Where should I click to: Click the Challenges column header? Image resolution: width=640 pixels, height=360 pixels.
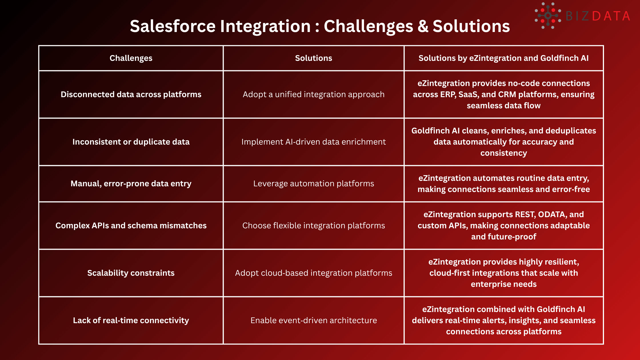(131, 58)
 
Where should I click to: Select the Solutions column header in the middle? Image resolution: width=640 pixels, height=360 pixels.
(313, 58)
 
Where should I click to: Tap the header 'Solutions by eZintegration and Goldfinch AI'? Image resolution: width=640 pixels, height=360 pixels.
(503, 58)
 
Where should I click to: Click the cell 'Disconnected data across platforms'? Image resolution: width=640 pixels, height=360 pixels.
(131, 95)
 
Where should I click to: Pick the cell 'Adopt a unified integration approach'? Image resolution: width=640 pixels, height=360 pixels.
(313, 95)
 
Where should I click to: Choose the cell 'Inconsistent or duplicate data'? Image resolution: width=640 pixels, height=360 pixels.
(131, 142)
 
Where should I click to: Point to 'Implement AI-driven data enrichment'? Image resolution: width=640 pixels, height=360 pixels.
(313, 142)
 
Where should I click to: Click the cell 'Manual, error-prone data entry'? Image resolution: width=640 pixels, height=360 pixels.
(131, 184)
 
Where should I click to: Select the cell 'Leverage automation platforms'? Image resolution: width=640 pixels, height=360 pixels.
(313, 184)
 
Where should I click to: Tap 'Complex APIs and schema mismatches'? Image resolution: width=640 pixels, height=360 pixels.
(131, 226)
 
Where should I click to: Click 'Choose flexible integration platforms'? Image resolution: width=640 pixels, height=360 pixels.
(313, 226)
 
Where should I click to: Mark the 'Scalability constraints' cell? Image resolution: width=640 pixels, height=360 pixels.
(131, 273)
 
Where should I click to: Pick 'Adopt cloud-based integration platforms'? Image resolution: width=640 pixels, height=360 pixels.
(313, 273)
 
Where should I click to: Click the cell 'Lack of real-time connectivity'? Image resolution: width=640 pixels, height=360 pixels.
(131, 321)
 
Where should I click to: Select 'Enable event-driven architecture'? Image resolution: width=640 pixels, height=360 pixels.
(313, 321)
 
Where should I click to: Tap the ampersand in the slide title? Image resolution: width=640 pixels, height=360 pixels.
(423, 26)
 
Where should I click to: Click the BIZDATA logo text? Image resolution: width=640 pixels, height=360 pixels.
(598, 16)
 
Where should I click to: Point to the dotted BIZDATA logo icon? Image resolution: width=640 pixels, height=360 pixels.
(548, 16)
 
